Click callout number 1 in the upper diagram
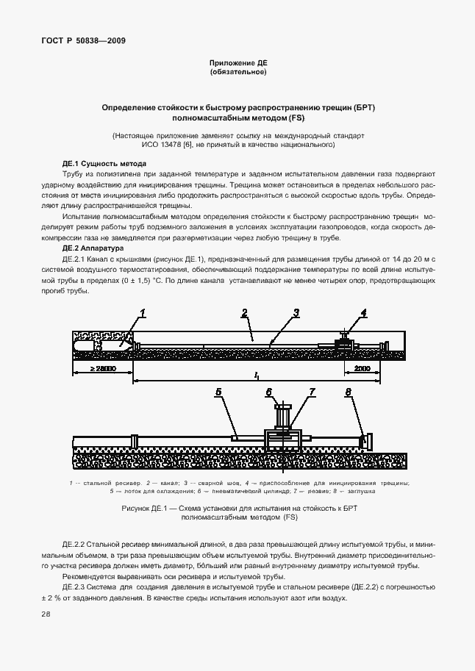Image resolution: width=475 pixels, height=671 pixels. [143, 313]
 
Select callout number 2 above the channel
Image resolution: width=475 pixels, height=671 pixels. [244, 313]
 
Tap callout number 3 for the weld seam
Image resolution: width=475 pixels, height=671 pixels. [296, 313]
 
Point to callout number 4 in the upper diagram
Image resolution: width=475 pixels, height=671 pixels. [363, 313]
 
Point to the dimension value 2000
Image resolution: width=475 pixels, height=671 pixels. [362, 369]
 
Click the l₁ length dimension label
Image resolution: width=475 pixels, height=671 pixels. [256, 376]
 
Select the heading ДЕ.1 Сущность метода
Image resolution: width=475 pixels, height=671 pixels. [104, 163]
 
